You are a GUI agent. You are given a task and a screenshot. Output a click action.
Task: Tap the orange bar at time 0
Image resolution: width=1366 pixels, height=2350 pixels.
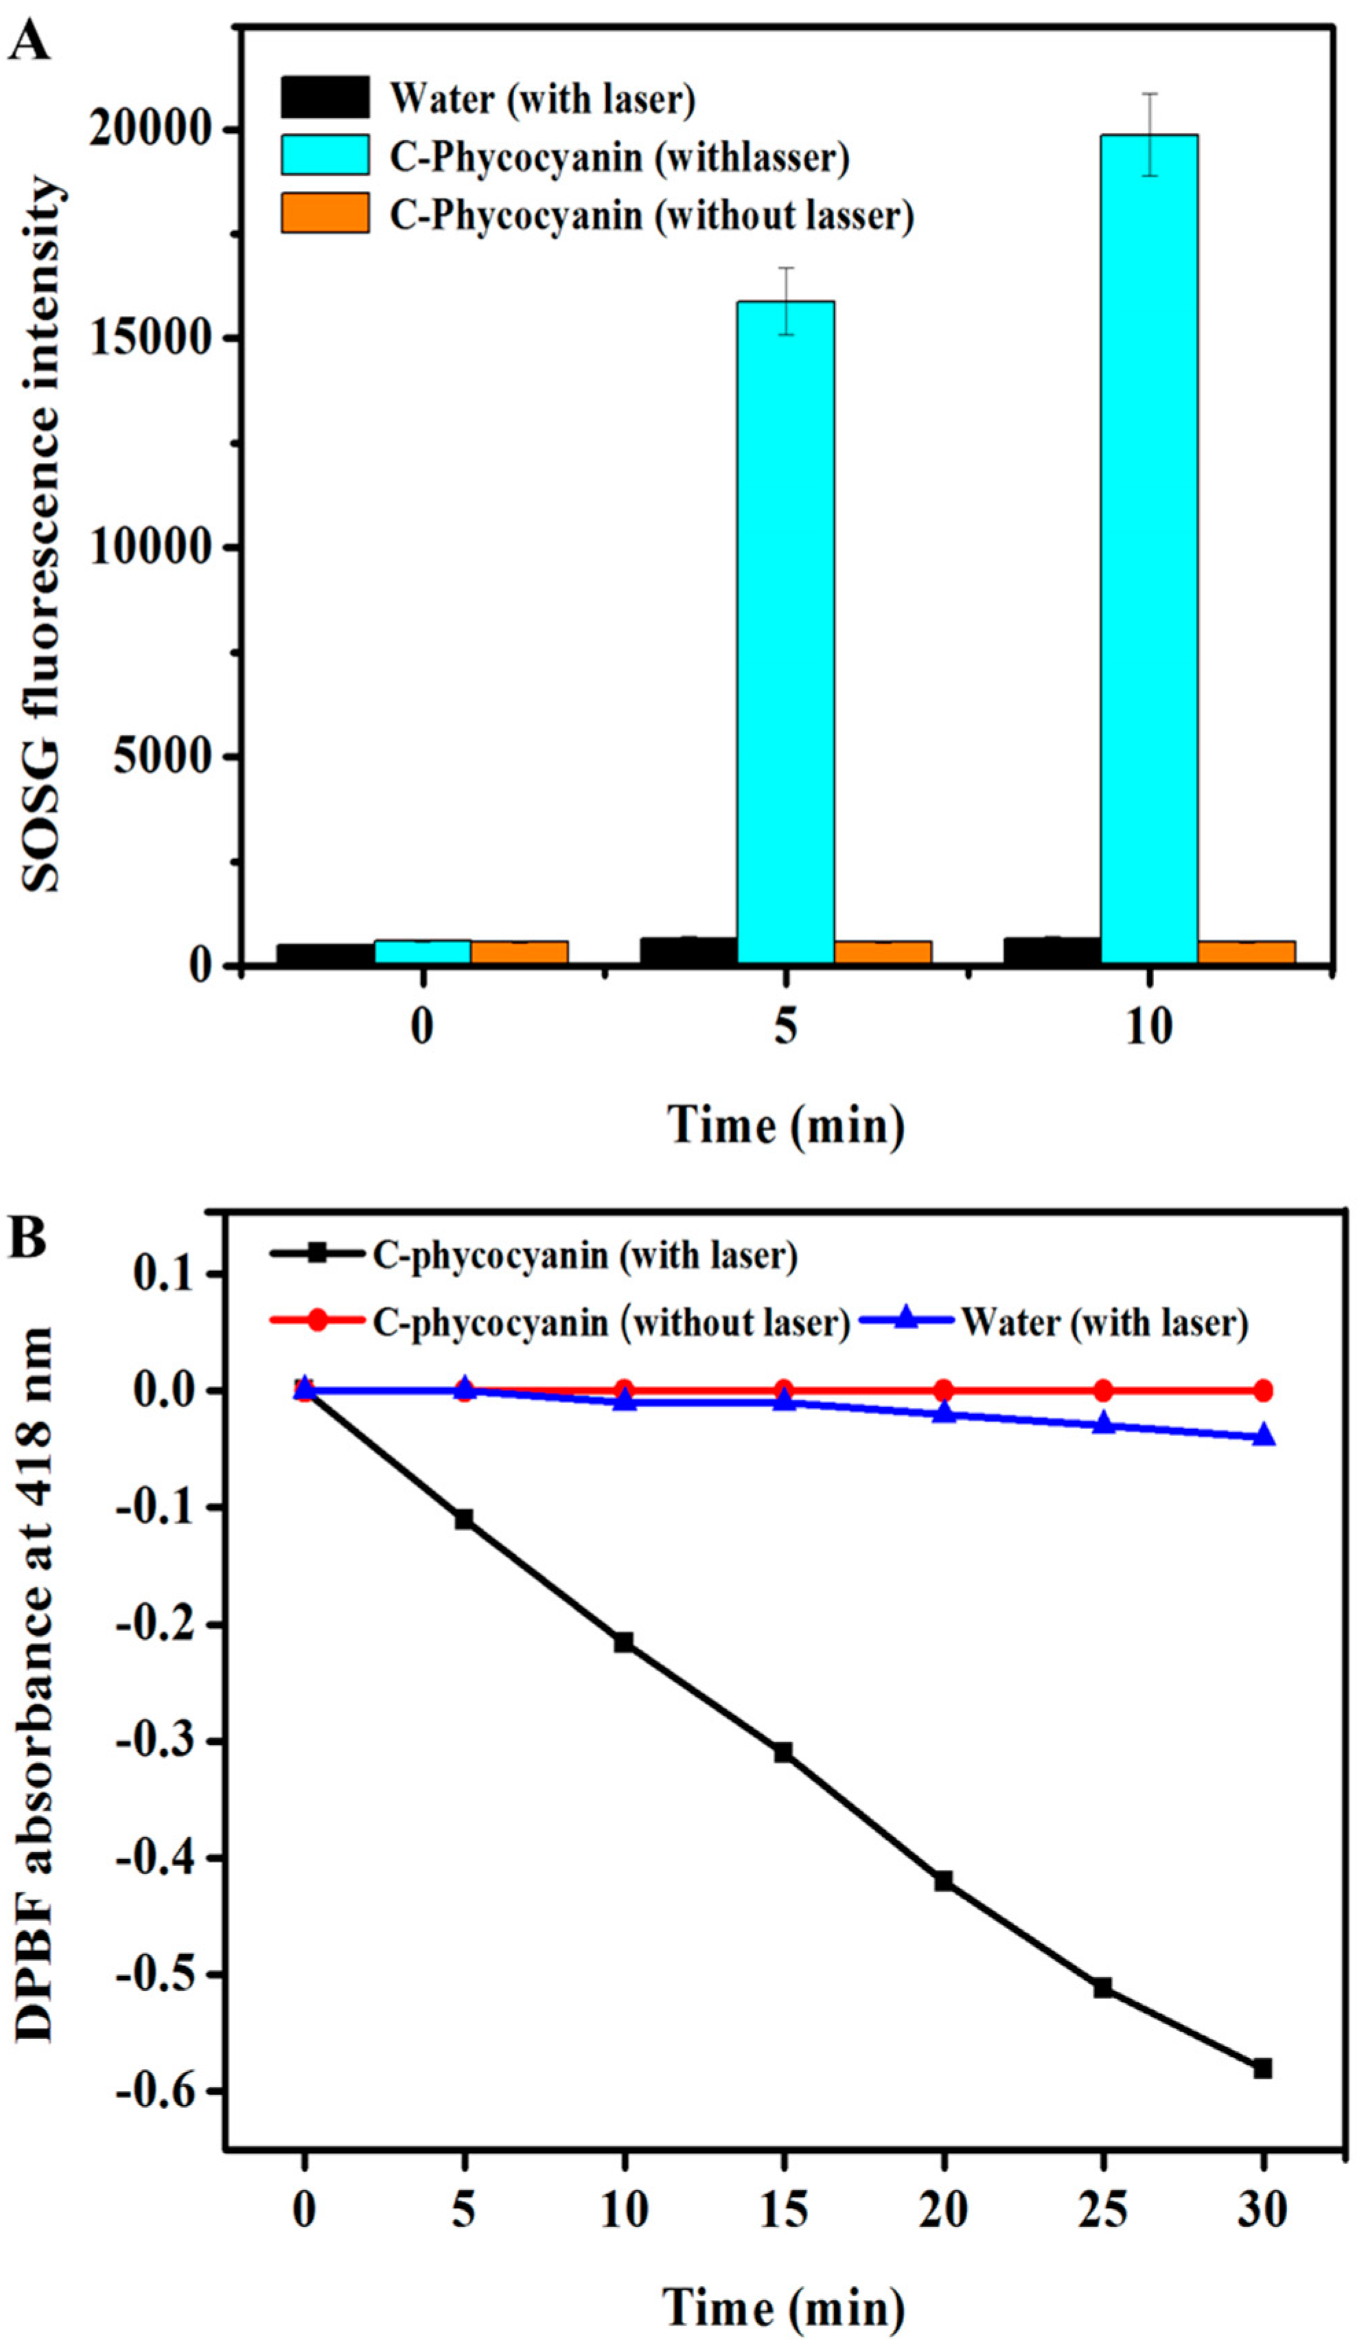coord(520,951)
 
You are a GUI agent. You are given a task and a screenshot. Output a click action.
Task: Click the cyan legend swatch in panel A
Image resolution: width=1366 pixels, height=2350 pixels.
coord(325,155)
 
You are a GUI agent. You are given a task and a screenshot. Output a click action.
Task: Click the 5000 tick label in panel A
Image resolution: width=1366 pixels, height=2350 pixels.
coord(164,755)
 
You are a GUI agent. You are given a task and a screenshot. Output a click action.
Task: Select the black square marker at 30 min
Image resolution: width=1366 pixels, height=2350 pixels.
coord(1262,2068)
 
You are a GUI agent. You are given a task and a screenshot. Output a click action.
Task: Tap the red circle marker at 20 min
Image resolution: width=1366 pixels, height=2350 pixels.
coord(944,1391)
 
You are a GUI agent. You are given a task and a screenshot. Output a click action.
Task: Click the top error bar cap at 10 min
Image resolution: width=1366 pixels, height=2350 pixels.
coord(1150,93)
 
